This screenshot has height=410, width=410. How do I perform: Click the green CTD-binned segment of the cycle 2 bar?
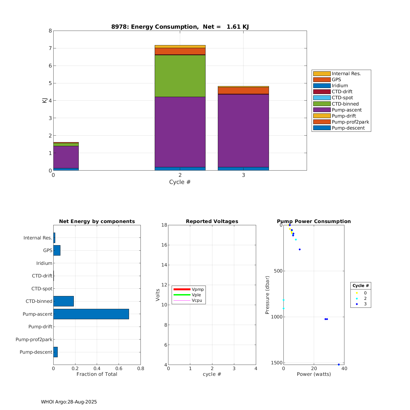pyautogui.click(x=180, y=76)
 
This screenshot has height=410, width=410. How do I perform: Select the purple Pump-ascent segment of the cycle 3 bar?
pyautogui.click(x=243, y=130)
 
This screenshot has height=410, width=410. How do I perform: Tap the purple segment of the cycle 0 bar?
pyautogui.click(x=66, y=157)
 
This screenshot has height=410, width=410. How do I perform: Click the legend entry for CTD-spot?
pyautogui.click(x=342, y=98)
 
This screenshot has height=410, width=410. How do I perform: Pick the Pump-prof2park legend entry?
pyautogui.click(x=350, y=122)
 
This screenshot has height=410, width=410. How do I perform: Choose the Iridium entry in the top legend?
pyautogui.click(x=339, y=86)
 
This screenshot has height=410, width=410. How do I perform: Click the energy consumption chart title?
pyautogui.click(x=180, y=27)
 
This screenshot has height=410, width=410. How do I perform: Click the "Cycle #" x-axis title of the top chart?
pyautogui.click(x=180, y=182)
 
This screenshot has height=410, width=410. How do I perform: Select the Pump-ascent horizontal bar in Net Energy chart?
pyautogui.click(x=91, y=314)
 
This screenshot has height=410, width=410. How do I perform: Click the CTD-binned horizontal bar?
pyautogui.click(x=63, y=301)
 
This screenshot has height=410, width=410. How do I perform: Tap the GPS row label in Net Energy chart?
pyautogui.click(x=48, y=250)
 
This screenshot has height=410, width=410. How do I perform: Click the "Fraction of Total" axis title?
pyautogui.click(x=97, y=374)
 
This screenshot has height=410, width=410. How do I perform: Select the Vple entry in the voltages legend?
pyautogui.click(x=196, y=295)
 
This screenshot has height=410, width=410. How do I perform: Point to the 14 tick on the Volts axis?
pyautogui.click(x=164, y=265)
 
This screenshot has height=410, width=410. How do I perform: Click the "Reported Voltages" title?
pyautogui.click(x=212, y=221)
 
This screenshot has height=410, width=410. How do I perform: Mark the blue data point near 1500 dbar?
pyautogui.click(x=339, y=364)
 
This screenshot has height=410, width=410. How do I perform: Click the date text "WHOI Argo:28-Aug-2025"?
pyautogui.click(x=69, y=402)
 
